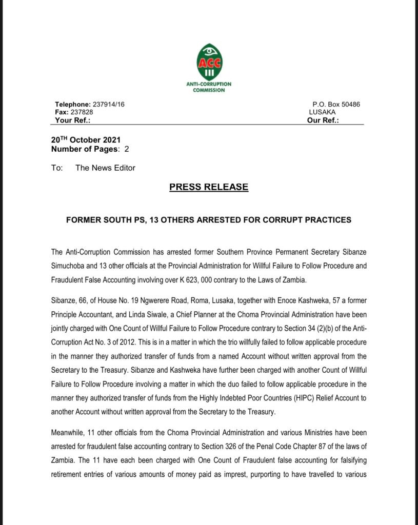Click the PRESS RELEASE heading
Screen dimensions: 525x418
(x=209, y=187)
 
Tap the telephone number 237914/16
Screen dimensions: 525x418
(x=108, y=105)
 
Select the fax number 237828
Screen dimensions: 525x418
(x=82, y=112)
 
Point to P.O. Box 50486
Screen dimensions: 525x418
(x=336, y=105)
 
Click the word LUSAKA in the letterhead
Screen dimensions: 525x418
(x=322, y=112)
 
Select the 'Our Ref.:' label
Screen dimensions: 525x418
(x=324, y=120)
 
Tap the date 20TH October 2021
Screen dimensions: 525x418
(x=86, y=139)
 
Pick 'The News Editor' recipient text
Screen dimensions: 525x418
(x=105, y=168)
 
